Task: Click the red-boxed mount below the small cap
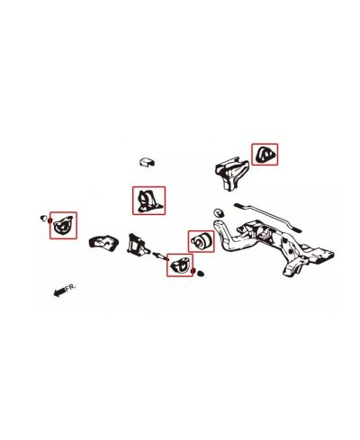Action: coord(147,202)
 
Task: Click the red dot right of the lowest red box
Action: coord(193,271)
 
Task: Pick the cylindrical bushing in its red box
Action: coord(201,241)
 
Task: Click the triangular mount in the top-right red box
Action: coord(265,156)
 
